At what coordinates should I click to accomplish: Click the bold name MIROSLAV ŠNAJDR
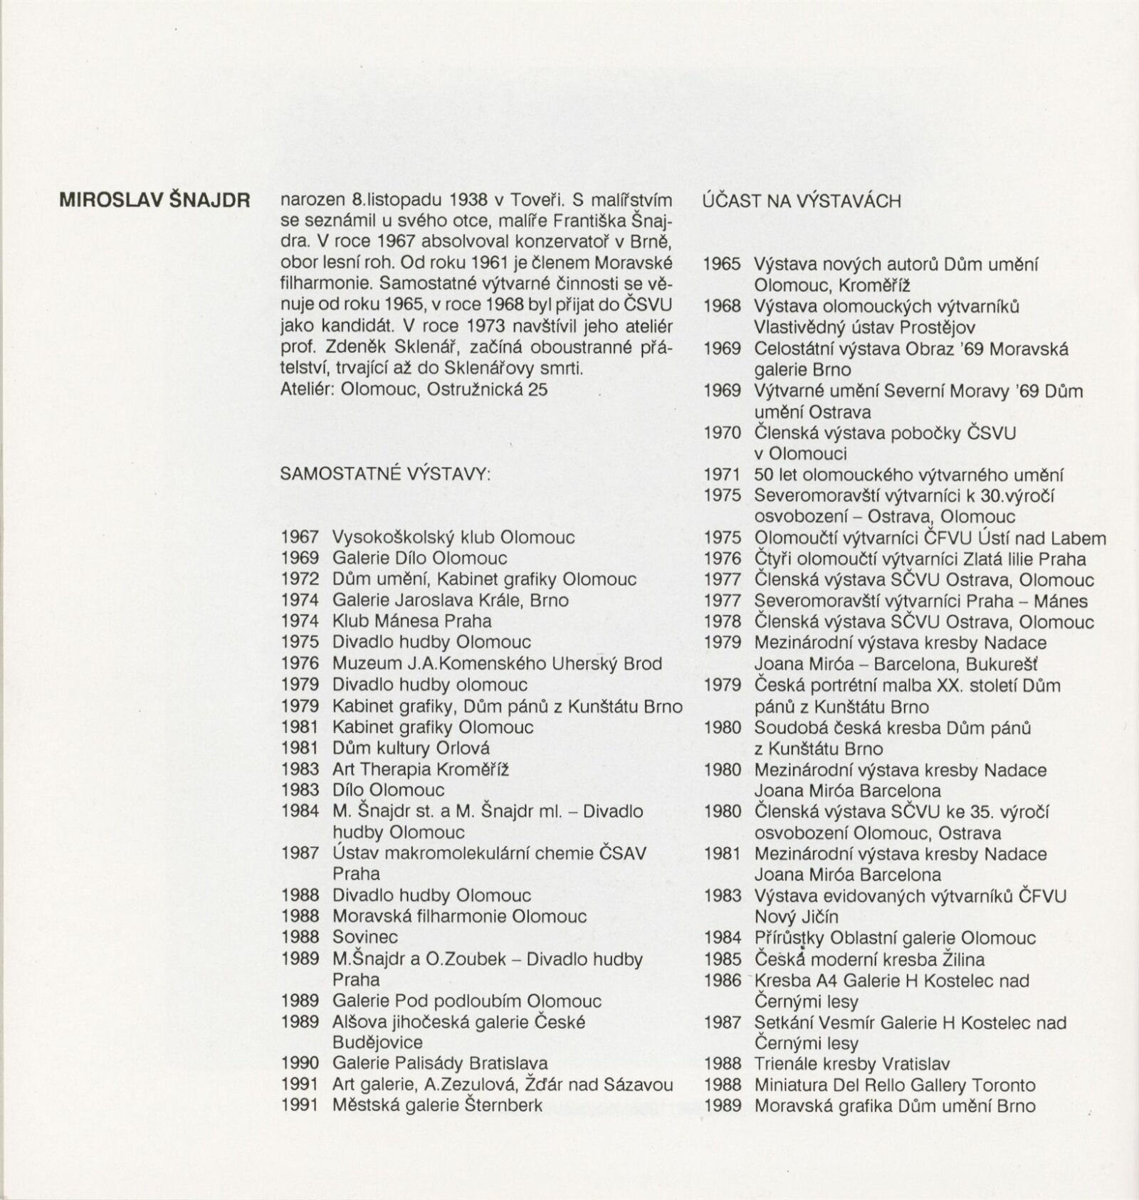154,200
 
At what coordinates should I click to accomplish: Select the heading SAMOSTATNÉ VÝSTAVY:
385,474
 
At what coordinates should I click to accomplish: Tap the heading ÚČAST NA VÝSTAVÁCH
802,201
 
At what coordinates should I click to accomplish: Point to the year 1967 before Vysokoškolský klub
299,537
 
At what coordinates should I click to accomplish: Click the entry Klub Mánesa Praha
411,621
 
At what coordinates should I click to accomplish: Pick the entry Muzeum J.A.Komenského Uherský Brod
497,663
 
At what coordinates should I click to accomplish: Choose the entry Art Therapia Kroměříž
420,769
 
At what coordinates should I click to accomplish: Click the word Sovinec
364,937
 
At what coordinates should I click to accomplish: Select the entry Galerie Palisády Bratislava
440,1063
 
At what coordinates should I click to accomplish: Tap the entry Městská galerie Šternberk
437,1105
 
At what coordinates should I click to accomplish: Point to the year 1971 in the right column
722,475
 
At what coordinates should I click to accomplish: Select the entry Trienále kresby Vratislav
851,1065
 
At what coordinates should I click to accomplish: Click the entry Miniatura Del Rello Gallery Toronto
894,1085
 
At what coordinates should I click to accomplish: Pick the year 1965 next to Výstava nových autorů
722,264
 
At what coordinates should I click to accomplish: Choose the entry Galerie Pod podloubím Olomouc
466,1001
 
